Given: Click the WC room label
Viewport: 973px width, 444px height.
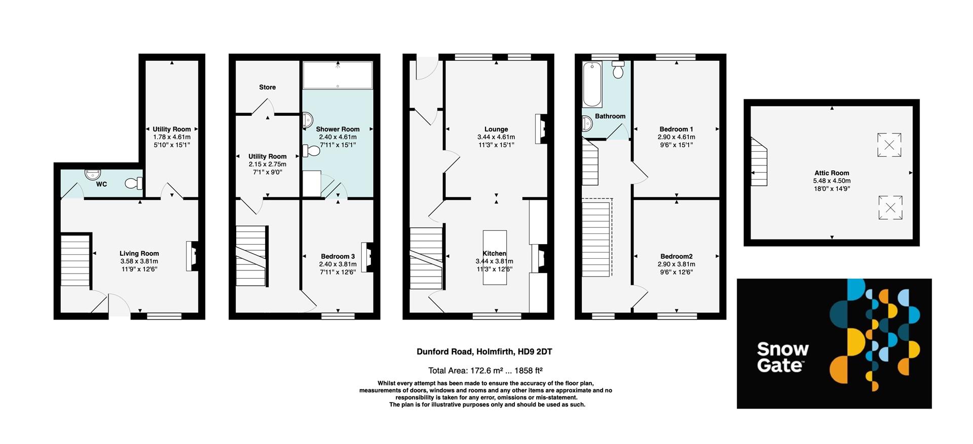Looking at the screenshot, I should [x=101, y=184].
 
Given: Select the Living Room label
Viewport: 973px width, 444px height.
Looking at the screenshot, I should [x=139, y=253].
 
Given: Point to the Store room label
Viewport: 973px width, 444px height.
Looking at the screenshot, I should [x=267, y=87].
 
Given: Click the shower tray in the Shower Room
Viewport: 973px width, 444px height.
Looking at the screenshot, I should [x=338, y=76].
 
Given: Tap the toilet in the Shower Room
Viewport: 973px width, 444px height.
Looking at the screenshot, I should [x=311, y=151].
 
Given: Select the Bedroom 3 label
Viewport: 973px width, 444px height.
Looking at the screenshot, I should [x=338, y=256].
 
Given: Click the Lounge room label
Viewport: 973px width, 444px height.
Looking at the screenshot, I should [x=496, y=129].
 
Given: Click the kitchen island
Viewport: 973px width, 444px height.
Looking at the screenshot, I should [x=495, y=257].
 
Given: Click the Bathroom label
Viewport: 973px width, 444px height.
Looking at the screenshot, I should [x=610, y=116].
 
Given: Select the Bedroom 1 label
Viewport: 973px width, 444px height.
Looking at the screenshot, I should [x=676, y=129].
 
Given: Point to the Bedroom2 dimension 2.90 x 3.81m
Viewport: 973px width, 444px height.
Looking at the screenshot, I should [x=676, y=264].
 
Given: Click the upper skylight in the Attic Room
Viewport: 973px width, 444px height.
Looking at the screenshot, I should [x=889, y=145].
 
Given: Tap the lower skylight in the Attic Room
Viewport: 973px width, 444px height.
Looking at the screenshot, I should [x=889, y=208].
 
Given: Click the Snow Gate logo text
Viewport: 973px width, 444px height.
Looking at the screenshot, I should [x=782, y=357].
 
